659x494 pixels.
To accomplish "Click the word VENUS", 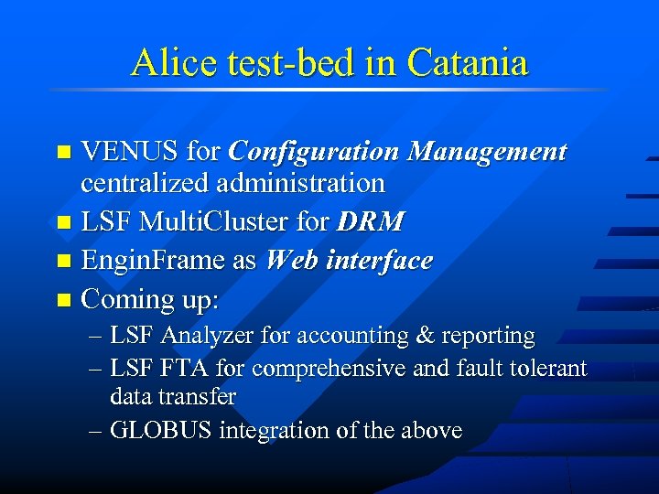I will [x=129, y=151].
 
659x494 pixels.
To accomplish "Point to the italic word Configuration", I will [x=312, y=151].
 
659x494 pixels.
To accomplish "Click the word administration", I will [x=301, y=183].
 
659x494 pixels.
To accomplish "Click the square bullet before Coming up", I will [x=62, y=299].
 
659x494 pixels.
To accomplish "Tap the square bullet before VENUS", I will [x=62, y=152].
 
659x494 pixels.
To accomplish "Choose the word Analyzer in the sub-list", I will [x=208, y=336].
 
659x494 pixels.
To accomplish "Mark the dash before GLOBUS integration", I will [x=95, y=430].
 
